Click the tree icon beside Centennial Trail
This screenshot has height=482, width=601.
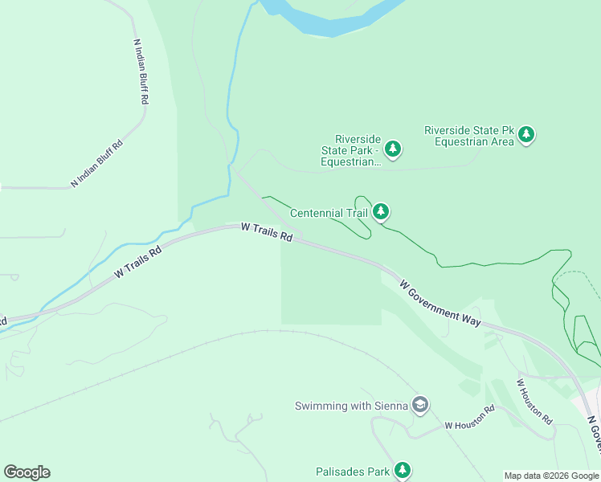point(381,212)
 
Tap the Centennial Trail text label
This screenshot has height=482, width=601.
point(329,213)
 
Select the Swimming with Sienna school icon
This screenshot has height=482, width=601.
point(419,405)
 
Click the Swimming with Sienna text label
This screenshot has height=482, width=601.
point(352,406)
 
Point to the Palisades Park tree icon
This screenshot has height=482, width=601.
point(403,470)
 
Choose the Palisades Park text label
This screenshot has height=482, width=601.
point(352,471)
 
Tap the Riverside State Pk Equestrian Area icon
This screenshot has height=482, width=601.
point(526,135)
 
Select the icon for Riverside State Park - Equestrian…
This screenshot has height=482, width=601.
point(392,149)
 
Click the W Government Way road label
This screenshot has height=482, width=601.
point(440,302)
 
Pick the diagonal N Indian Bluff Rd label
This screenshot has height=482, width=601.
point(97,164)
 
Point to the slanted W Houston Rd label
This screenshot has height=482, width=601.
point(534,402)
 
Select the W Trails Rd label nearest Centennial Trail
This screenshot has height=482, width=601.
point(266,234)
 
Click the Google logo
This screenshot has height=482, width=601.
point(27,472)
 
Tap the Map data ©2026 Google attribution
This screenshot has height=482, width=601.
point(551,476)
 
